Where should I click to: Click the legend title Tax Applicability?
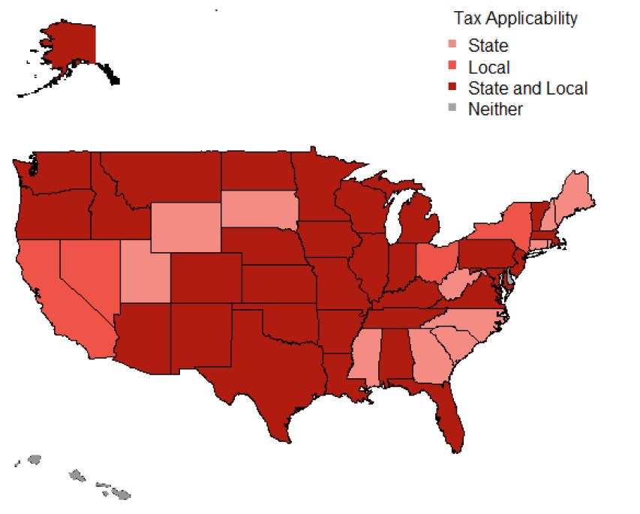515,18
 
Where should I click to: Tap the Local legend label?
488,67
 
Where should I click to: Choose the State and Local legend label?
527,88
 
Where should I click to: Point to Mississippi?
363,356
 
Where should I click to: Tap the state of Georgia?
428,357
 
